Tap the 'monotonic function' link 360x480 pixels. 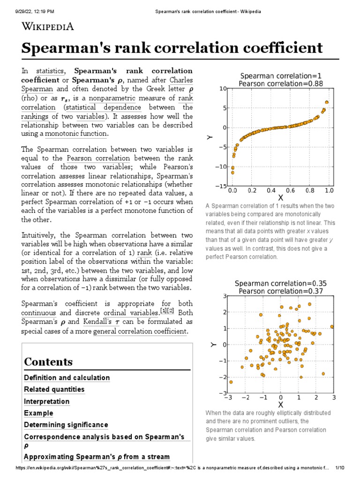76,134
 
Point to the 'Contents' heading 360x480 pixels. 48,362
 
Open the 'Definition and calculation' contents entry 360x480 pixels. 67,378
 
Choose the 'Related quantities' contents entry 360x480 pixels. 54,390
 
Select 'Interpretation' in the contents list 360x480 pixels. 46,402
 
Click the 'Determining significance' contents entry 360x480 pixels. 66,425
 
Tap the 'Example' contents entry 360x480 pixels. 38,413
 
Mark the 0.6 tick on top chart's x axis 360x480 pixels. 290,191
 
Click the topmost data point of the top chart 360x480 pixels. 327,102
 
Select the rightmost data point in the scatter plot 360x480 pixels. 332,327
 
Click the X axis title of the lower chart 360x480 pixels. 281,405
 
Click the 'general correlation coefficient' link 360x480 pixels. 140,331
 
